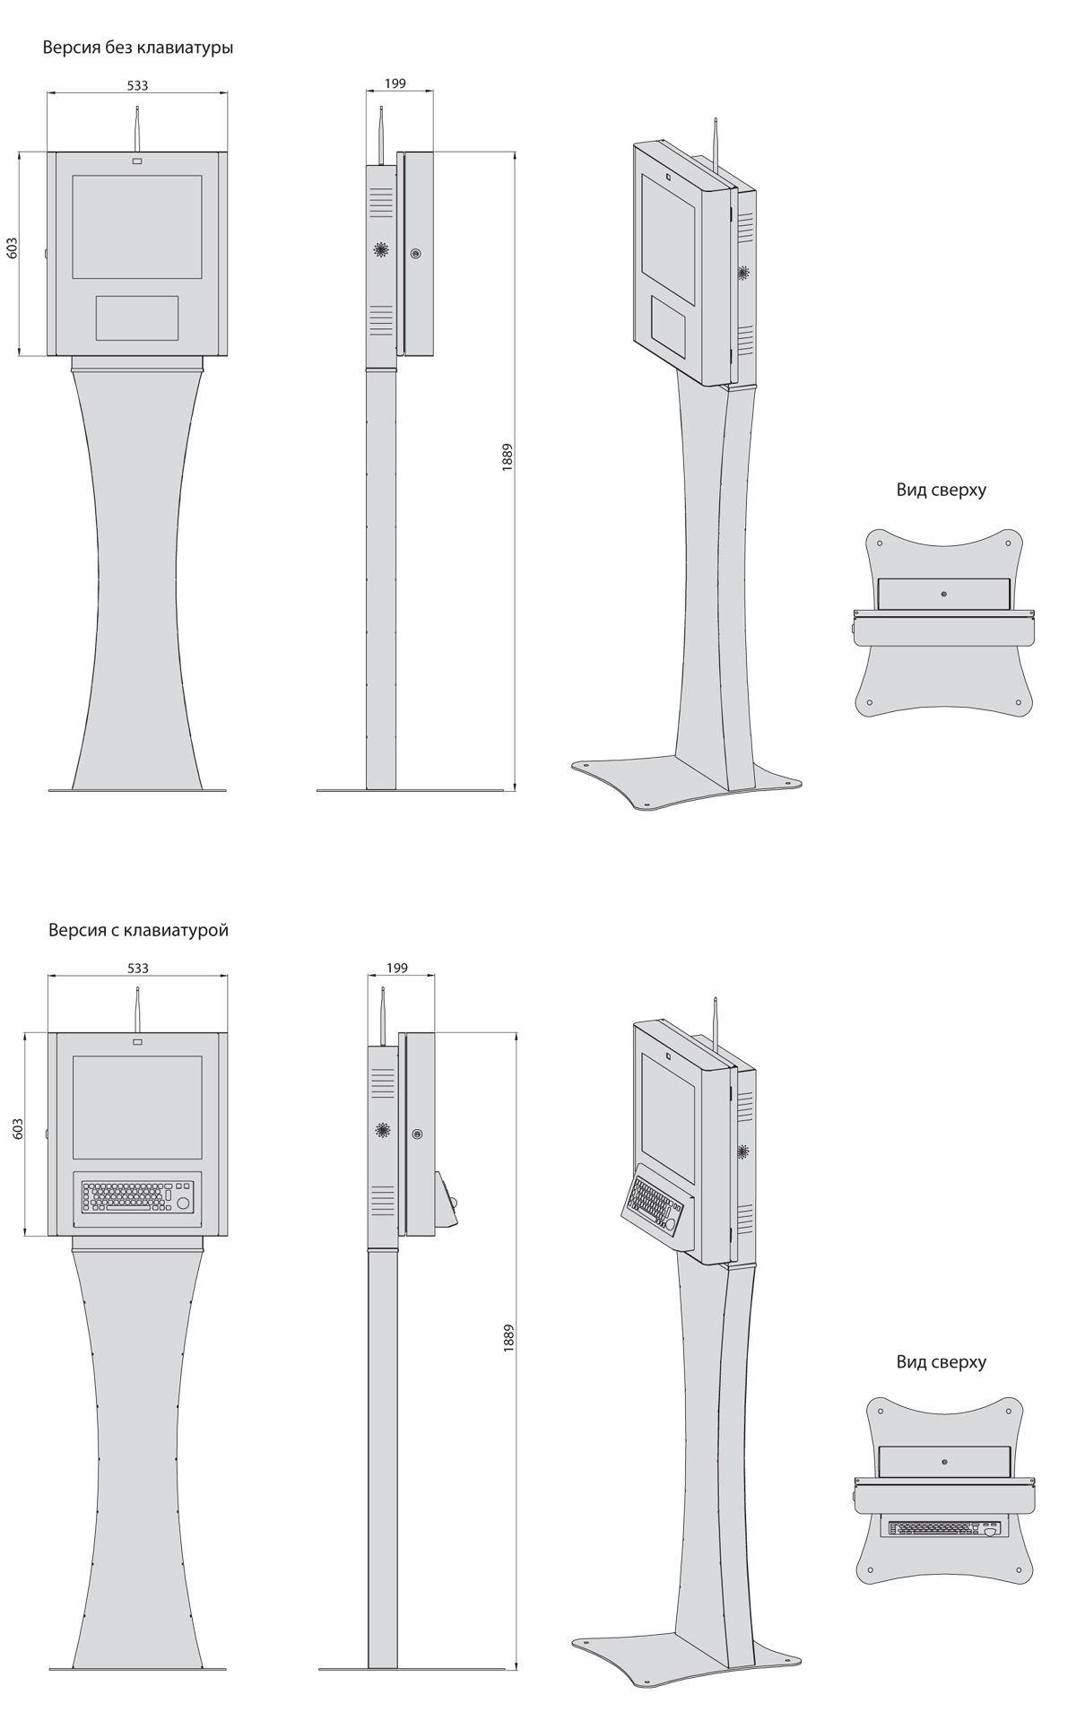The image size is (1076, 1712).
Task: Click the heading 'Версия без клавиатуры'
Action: coord(138,48)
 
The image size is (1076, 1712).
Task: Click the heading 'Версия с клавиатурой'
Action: coord(139,930)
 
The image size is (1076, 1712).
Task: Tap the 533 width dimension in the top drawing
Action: coord(137,85)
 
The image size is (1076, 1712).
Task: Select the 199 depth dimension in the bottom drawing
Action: coord(396,968)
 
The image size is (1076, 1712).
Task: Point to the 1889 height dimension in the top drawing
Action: coord(508,457)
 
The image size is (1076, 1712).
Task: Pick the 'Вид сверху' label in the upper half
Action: coord(941,490)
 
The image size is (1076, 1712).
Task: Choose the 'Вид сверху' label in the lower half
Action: coord(941,1361)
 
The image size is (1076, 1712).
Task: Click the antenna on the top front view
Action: coord(137,128)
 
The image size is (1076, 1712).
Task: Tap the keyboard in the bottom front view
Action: coord(138,1196)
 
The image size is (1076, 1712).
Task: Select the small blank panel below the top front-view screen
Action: coord(137,317)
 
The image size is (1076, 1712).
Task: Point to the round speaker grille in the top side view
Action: coord(382,251)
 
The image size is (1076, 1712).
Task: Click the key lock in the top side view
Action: coord(415,254)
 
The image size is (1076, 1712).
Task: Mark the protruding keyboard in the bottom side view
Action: coord(447,1200)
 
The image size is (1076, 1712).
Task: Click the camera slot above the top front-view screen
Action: coord(137,161)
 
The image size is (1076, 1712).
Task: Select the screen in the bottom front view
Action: coord(137,1108)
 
